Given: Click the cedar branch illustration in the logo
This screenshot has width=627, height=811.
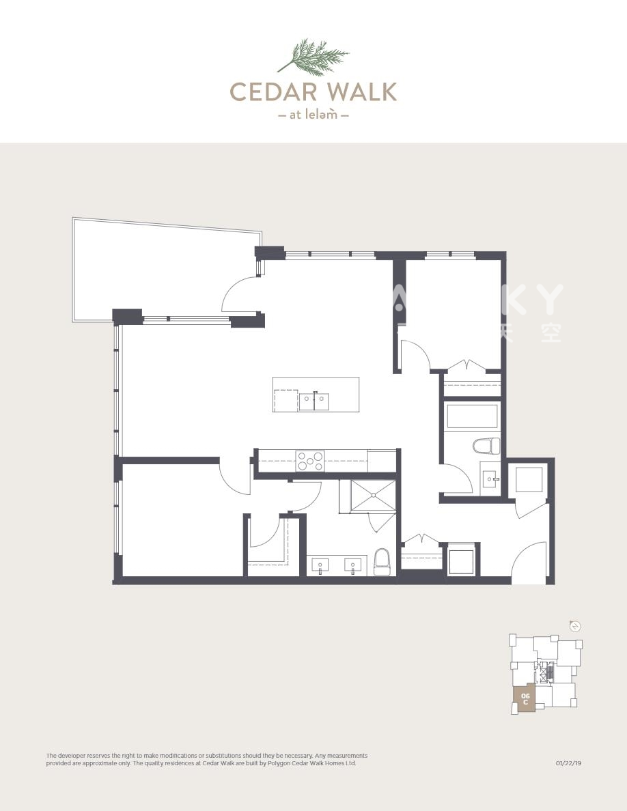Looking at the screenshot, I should (313, 55).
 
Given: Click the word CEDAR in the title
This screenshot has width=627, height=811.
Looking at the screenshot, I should (266, 91).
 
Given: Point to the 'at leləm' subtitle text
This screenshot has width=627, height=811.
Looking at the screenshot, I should (313, 115).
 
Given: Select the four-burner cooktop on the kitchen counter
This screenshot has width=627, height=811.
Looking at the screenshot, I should (310, 461).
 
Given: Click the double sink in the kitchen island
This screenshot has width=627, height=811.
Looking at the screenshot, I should (313, 401).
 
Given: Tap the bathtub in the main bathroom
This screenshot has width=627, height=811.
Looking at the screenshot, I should (472, 416).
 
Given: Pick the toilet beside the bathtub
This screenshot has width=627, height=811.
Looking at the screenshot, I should (486, 446).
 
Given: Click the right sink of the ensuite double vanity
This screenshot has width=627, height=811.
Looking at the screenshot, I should (352, 565).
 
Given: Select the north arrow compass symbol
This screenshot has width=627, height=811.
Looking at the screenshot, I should (575, 626).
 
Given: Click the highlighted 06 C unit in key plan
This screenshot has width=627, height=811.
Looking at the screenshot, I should (525, 699).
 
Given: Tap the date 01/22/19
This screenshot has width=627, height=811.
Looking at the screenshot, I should (568, 763).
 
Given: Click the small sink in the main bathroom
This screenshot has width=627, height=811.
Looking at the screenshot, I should (490, 479).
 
